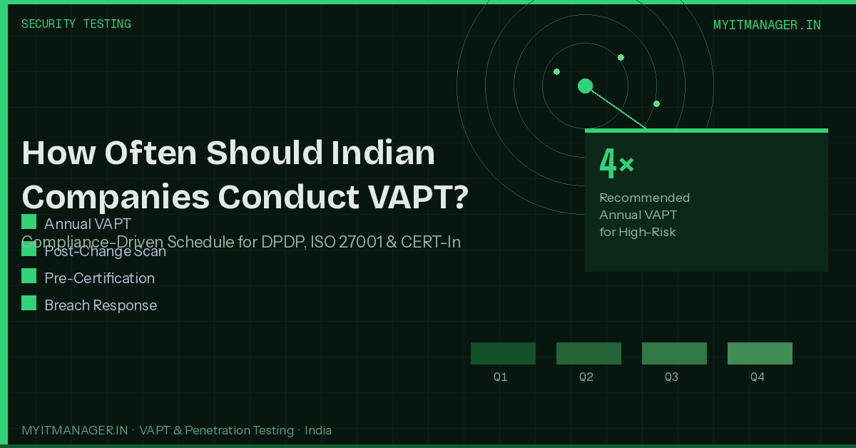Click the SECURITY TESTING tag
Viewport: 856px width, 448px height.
[76, 24]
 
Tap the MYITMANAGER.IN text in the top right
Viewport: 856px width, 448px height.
[767, 25]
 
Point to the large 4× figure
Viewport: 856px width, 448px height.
[616, 164]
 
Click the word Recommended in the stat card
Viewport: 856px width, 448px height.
[644, 198]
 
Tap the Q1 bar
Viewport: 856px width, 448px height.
[503, 353]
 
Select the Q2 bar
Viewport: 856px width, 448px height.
[588, 353]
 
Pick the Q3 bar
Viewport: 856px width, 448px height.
[674, 353]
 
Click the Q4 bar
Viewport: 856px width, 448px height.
[760, 353]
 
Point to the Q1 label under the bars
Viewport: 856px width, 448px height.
[501, 377]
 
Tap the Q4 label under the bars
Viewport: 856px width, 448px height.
[758, 377]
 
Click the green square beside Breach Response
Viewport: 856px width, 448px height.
[29, 303]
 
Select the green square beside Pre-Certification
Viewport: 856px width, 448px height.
[29, 276]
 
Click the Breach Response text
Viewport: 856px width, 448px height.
[101, 305]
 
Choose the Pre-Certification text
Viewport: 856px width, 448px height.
[99, 278]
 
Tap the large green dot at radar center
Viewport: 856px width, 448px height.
[585, 86]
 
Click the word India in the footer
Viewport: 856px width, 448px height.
[318, 430]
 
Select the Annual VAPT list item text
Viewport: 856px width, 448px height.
[88, 224]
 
